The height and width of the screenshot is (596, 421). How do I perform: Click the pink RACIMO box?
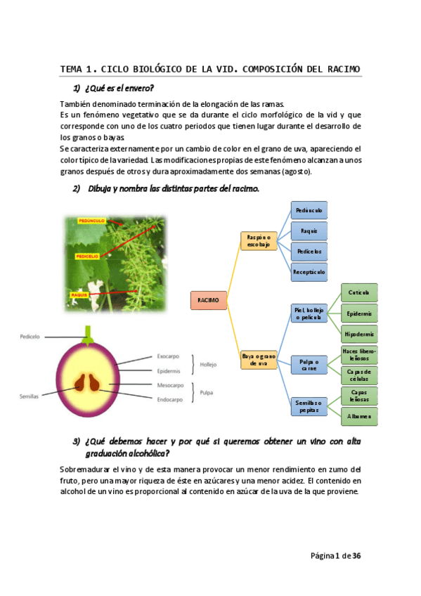[x=208, y=300]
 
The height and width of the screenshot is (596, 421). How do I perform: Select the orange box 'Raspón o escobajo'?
[x=259, y=241]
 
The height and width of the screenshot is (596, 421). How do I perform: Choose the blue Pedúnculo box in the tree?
[x=309, y=209]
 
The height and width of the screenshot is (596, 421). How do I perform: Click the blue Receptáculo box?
[x=309, y=271]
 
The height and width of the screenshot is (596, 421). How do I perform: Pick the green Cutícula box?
[x=358, y=292]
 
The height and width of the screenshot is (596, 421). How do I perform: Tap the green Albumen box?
[x=358, y=416]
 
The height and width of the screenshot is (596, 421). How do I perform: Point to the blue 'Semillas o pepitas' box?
[x=309, y=406]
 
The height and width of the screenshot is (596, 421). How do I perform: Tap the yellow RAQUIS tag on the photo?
[x=78, y=294]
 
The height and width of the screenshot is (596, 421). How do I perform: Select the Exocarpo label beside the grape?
[x=169, y=357]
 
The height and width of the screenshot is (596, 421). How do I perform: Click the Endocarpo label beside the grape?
[x=169, y=399]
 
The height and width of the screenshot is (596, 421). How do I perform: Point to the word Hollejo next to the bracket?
[x=209, y=364]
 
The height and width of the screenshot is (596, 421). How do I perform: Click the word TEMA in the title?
[x=71, y=69]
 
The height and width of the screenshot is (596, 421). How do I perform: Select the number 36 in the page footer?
[x=356, y=555]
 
